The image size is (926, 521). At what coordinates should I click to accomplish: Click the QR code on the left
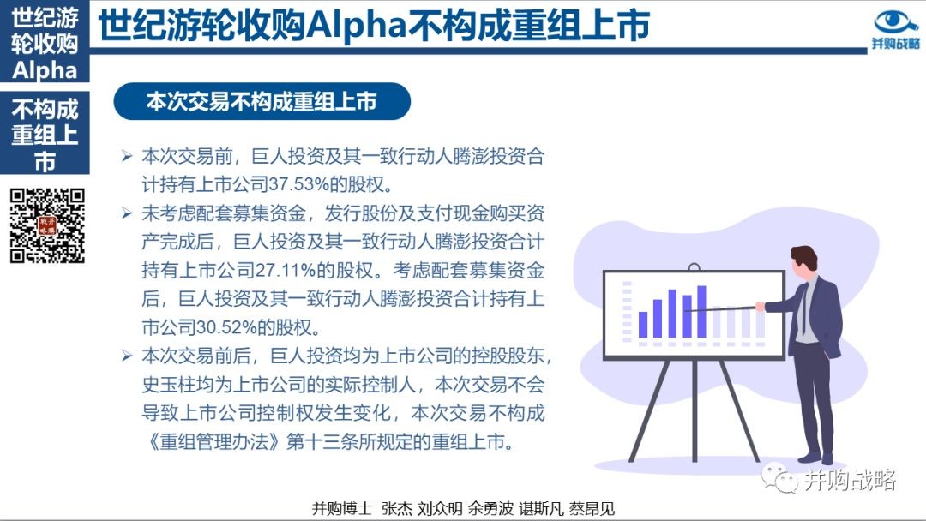[47, 225]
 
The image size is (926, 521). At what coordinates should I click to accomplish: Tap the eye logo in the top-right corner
[895, 22]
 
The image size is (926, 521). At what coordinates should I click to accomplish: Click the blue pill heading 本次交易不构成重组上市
[262, 101]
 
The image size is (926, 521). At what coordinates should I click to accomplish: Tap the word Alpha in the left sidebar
[45, 71]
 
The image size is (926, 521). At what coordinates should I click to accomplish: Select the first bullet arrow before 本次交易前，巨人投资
[127, 156]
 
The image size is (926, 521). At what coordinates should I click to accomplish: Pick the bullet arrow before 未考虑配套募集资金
[127, 213]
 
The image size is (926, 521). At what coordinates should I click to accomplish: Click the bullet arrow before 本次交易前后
[127, 356]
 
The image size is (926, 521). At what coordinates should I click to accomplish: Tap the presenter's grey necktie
[803, 307]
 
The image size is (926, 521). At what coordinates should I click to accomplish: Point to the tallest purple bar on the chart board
[701, 312]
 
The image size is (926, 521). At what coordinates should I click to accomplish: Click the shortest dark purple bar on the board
[643, 325]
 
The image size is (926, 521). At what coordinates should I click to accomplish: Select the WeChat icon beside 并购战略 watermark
[779, 478]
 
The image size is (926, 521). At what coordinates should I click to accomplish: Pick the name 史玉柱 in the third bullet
[169, 384]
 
